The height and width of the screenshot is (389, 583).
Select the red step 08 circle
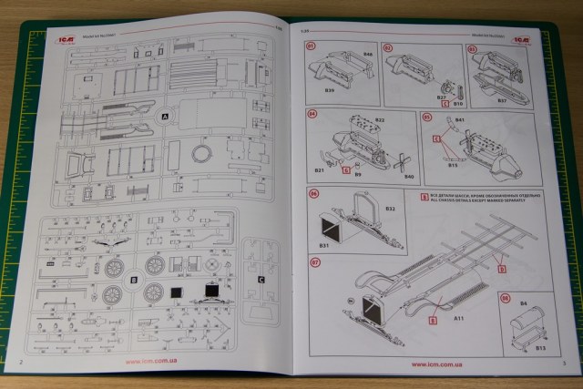(506, 298)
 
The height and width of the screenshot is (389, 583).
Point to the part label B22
(380, 119)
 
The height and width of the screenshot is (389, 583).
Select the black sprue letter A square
(165, 117)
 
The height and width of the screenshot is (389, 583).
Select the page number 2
(22, 363)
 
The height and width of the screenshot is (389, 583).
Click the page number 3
(565, 363)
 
